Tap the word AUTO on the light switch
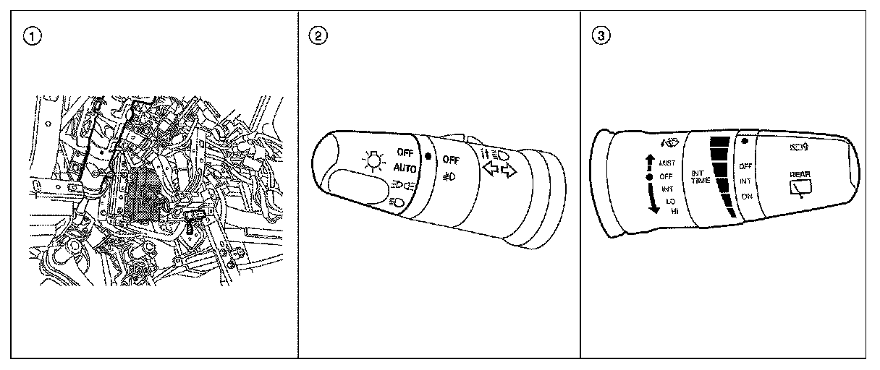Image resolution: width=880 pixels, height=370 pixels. (x=405, y=168)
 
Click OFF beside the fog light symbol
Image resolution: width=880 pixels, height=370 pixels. (x=451, y=160)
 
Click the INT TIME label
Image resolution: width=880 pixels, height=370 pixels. (x=699, y=176)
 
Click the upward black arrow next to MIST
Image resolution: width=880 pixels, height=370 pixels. (x=649, y=163)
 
